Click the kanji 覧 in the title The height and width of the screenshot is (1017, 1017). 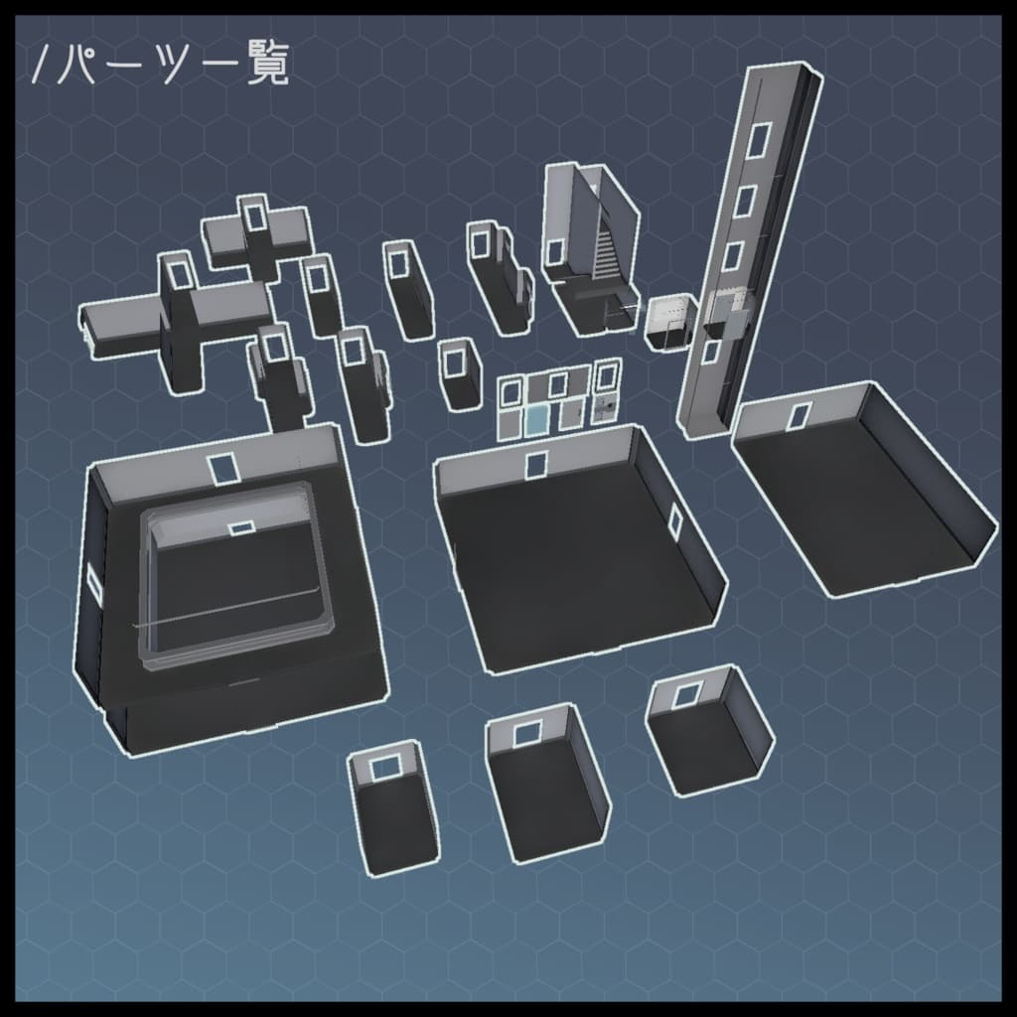pyautogui.click(x=268, y=65)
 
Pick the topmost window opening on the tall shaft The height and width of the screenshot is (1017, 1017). pyautogui.click(x=758, y=139)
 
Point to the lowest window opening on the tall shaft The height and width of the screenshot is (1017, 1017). pyautogui.click(x=712, y=351)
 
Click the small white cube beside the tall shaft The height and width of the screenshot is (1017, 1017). pyautogui.click(x=668, y=320)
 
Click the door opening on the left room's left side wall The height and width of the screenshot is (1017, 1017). pyautogui.click(x=94, y=581)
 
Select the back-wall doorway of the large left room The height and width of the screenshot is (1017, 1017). pyautogui.click(x=222, y=468)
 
